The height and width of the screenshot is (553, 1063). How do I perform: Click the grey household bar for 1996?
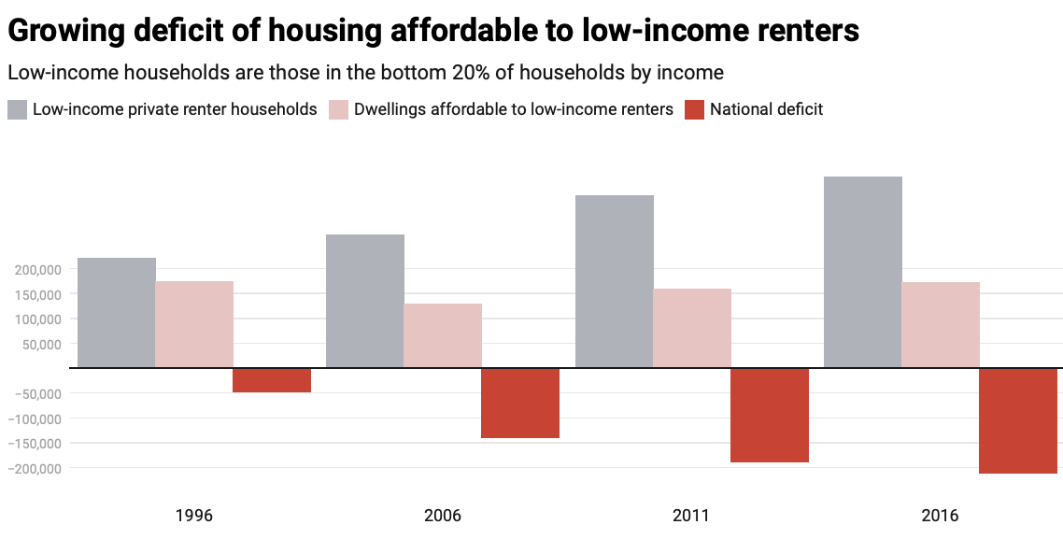117,312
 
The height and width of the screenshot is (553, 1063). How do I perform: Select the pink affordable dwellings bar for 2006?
443,335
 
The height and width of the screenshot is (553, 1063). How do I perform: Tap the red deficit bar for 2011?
770,415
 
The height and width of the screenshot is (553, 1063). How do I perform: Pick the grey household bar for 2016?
863,272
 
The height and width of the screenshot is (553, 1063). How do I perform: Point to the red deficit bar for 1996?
272,380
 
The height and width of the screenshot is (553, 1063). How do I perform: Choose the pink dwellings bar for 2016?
941,324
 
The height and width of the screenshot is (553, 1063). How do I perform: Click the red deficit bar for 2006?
520,403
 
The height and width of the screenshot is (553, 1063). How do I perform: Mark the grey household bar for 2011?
615,281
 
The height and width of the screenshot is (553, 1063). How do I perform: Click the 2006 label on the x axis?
443,516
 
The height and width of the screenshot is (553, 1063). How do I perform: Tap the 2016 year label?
940,516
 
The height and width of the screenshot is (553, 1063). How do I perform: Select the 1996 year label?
194,516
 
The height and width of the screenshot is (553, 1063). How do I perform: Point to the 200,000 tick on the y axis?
38,270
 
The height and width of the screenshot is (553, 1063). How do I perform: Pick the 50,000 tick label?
42,344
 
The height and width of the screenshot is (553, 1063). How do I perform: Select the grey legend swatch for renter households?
17,109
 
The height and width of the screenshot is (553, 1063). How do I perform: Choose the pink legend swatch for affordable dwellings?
338,109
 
